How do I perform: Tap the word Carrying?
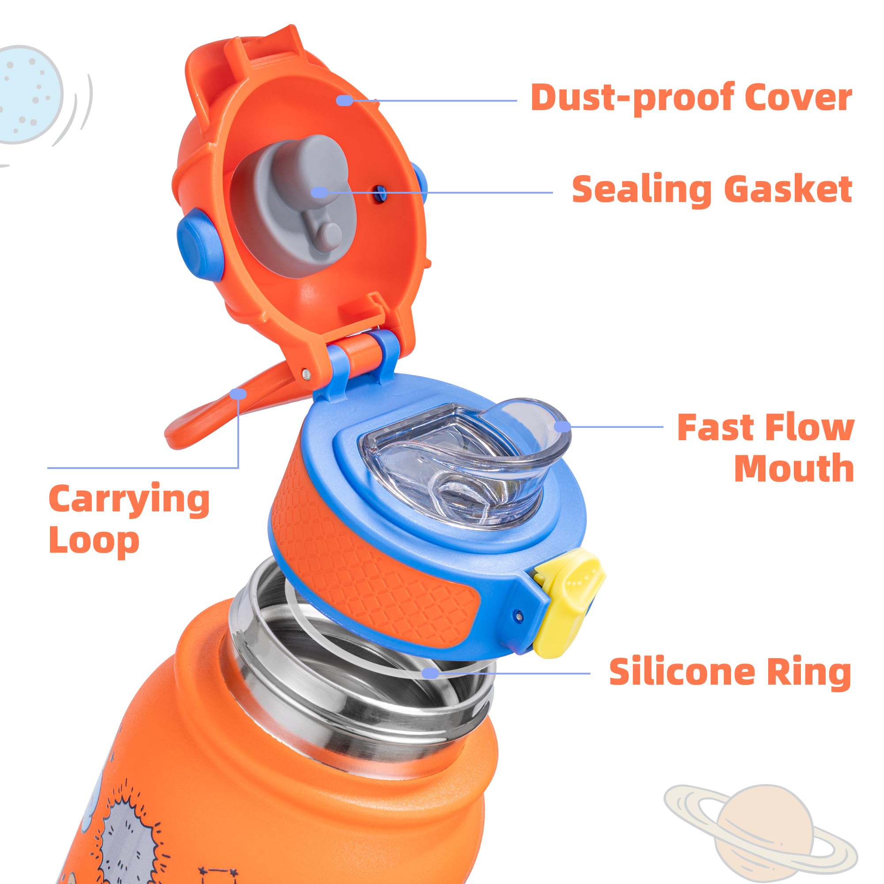point(129,500)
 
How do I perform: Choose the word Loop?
point(94,541)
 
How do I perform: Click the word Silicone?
point(682,672)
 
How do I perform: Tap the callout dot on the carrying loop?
point(238,393)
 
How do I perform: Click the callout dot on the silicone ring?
point(430,673)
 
